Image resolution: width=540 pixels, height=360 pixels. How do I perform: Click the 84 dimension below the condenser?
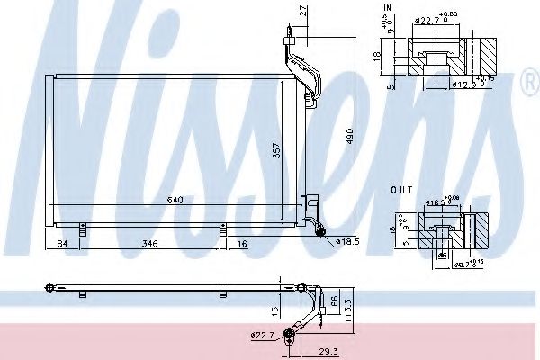61,243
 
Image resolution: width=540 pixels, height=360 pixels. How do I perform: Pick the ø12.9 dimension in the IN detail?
463,84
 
